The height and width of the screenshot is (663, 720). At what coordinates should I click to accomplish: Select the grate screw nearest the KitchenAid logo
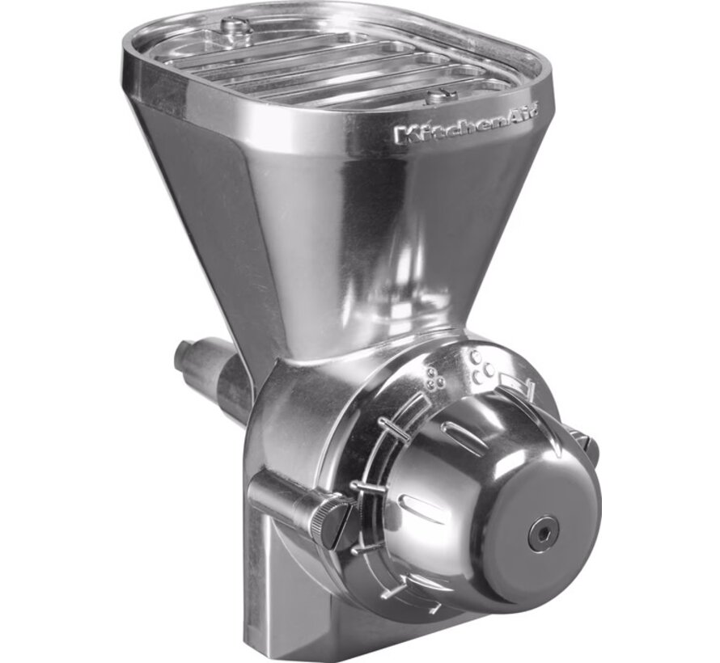coord(440,95)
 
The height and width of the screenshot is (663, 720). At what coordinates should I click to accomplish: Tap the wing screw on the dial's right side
coord(584,441)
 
